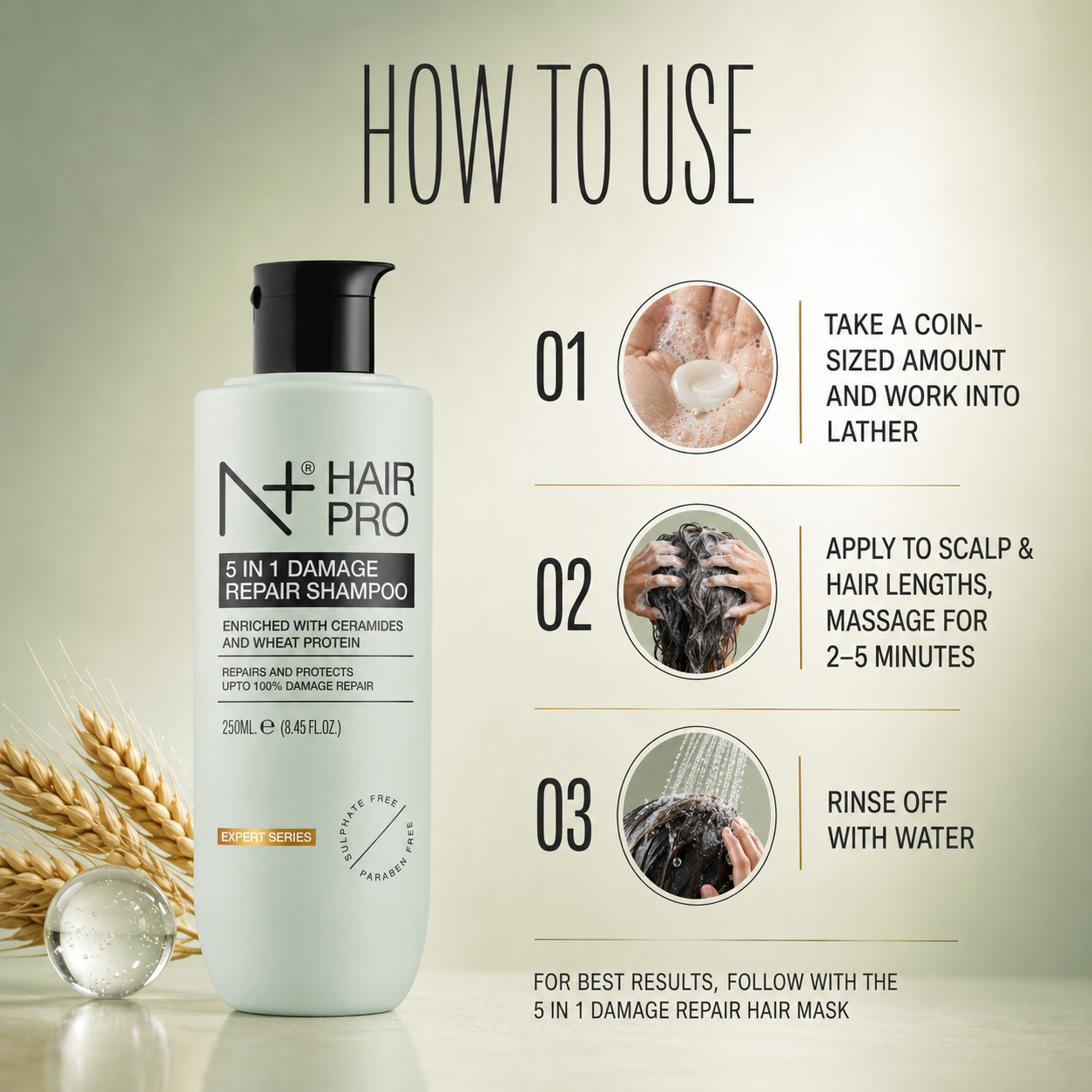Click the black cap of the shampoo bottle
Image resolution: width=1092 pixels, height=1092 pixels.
tap(317, 317)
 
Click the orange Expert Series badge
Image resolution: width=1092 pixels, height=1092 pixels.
tap(266, 837)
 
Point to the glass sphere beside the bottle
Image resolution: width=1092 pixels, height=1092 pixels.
tap(110, 932)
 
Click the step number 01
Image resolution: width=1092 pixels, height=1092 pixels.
tap(561, 367)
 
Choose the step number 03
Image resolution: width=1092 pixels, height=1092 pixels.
tap(563, 815)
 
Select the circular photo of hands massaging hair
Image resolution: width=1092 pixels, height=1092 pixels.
tap(697, 591)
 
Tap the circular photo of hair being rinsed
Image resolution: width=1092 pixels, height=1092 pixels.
tap(697, 814)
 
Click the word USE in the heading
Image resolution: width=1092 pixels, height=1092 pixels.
tap(698, 134)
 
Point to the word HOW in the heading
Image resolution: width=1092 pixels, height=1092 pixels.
tap(437, 134)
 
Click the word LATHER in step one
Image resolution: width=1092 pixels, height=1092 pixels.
tap(872, 433)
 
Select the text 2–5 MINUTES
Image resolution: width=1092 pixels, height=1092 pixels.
tap(900, 657)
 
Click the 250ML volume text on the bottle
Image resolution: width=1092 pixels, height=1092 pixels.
tap(239, 728)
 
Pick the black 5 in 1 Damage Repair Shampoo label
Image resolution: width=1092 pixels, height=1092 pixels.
tap(316, 580)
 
